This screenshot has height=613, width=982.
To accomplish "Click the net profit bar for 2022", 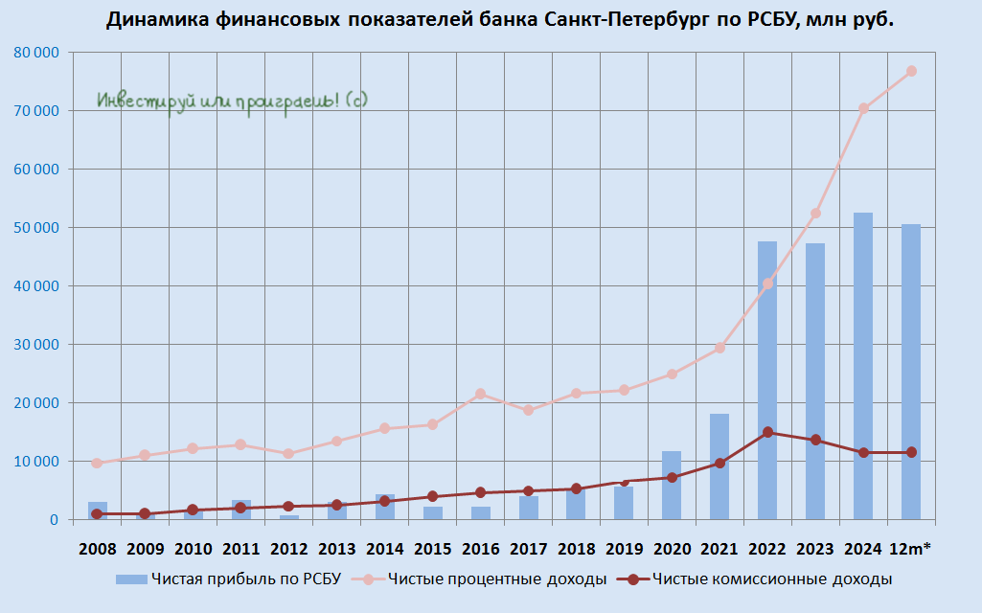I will point(767,383).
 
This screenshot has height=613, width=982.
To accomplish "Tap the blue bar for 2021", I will point(719,469).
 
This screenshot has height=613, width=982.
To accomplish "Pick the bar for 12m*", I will point(911,374).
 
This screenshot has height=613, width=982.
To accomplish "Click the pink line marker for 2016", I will point(480,394).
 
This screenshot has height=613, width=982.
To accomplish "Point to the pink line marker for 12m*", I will point(911,71).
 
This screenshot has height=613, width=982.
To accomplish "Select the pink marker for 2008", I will point(97,463).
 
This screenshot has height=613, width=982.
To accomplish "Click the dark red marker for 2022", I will point(767,432).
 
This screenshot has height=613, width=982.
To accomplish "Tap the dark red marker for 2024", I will point(863,452).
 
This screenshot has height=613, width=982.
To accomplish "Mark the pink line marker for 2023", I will point(815,214).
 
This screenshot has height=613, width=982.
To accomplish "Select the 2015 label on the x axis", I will point(432,549).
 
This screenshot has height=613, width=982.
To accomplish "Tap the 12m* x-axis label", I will point(911,549).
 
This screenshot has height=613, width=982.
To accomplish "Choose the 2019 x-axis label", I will point(624,549).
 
